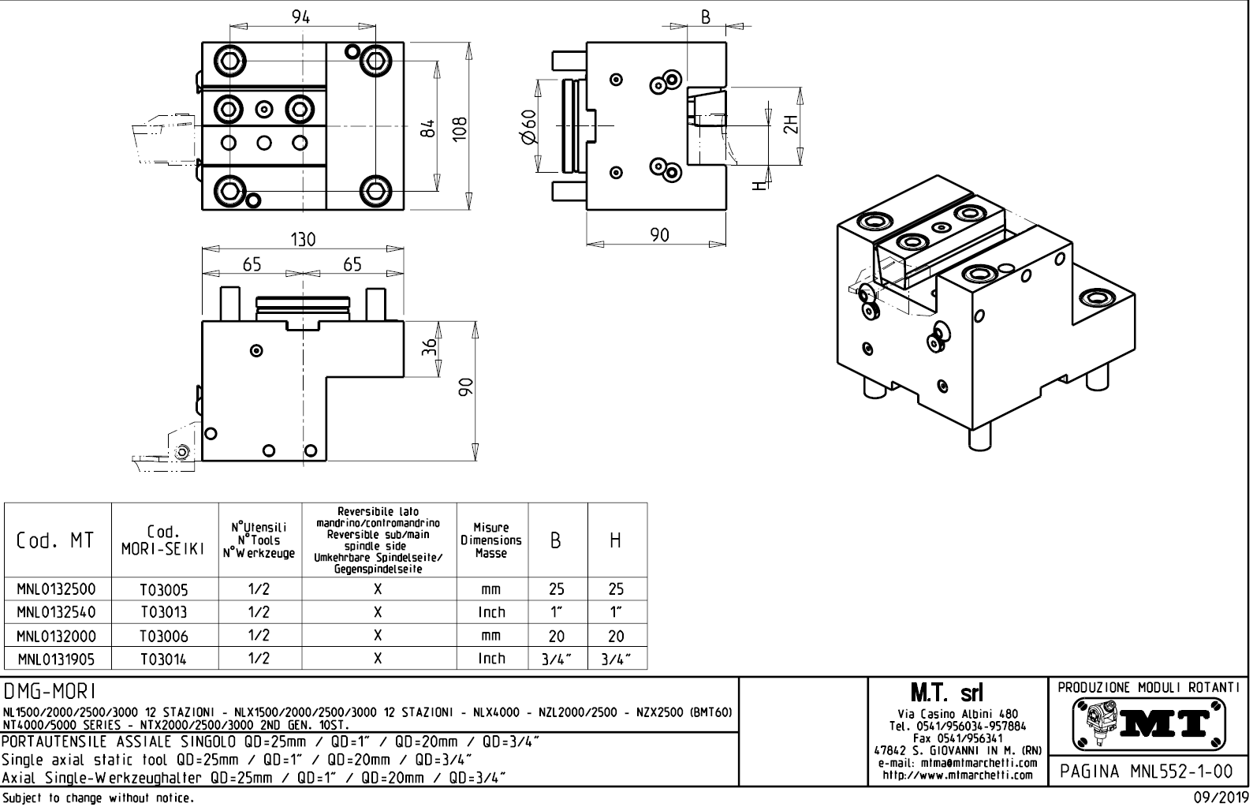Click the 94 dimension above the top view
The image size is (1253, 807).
click(301, 17)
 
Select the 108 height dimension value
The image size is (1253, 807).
click(460, 126)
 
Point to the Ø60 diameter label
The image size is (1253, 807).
click(529, 126)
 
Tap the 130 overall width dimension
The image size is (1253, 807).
click(303, 240)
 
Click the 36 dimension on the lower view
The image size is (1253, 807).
click(429, 348)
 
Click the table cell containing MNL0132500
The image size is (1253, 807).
click(57, 589)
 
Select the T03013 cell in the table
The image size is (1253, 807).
click(165, 612)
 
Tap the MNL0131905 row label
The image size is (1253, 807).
click(57, 659)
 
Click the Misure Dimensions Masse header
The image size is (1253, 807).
click(491, 540)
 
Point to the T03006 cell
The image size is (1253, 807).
click(165, 636)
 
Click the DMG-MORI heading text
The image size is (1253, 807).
click(50, 692)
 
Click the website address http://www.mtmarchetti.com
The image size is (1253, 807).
click(957, 775)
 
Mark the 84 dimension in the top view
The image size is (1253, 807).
click(427, 126)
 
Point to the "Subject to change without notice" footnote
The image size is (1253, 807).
click(97, 798)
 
